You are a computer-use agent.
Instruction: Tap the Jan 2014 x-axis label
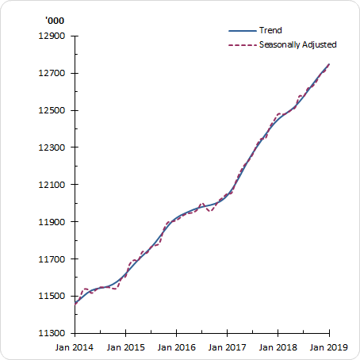click(x=75, y=347)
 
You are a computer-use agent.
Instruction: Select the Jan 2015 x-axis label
click(x=125, y=347)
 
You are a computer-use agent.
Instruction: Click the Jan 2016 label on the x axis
click(x=177, y=347)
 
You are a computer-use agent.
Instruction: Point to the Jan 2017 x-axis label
click(x=228, y=347)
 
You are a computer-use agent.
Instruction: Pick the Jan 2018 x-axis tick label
click(x=278, y=347)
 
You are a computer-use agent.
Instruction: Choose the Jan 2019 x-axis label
click(x=329, y=347)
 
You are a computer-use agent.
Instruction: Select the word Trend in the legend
click(x=270, y=31)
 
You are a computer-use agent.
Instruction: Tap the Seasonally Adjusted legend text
click(x=298, y=44)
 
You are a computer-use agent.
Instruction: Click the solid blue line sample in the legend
click(x=242, y=31)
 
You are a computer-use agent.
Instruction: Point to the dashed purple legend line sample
click(x=242, y=44)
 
